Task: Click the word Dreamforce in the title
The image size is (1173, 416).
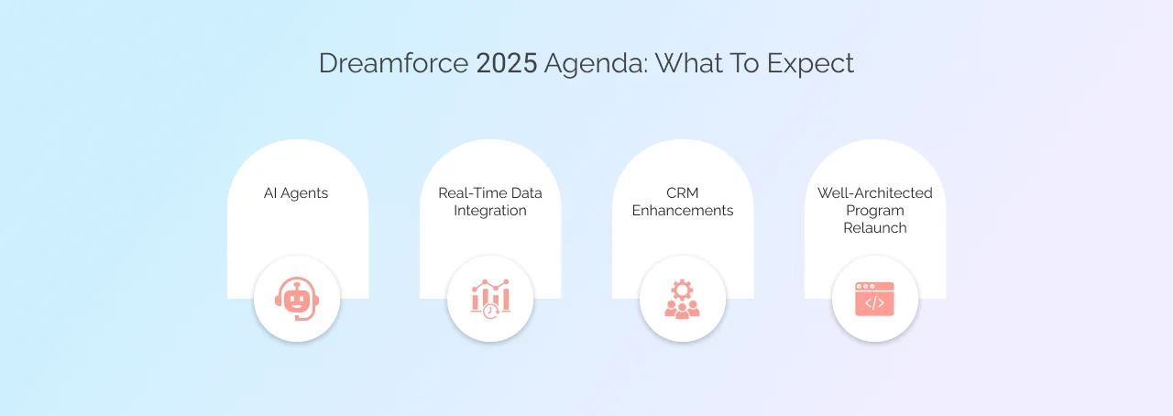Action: tap(394, 63)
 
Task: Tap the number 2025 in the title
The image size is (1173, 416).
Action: tap(507, 63)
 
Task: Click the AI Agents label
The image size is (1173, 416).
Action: tap(297, 193)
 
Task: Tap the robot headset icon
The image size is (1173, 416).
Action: tap(297, 299)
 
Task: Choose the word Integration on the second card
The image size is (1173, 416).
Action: tap(490, 211)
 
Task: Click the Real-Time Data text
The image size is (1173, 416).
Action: tap(490, 193)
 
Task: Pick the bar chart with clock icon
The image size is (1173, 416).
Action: tap(490, 299)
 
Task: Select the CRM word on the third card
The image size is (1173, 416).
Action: tap(683, 193)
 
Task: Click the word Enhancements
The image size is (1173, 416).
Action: tap(683, 211)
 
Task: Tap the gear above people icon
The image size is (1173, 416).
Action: tap(683, 299)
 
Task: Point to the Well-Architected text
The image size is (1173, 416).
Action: tap(875, 193)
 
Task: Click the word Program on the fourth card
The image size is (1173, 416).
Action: tap(875, 211)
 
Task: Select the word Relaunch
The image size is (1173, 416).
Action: tap(875, 228)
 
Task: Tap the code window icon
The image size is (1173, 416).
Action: tap(874, 299)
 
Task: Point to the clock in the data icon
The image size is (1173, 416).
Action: tap(492, 311)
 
